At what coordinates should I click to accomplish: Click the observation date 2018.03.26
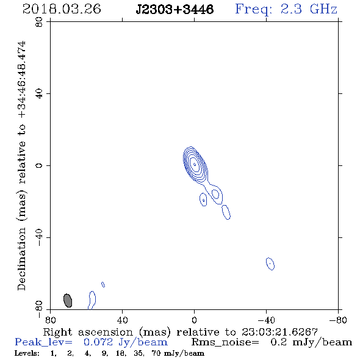(x=62, y=9)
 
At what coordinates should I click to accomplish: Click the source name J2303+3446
(x=175, y=9)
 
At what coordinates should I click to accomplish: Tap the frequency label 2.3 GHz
(x=309, y=9)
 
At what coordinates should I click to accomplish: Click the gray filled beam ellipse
(x=68, y=300)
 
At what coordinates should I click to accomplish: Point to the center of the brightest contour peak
(x=195, y=164)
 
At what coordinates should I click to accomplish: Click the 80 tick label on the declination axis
(x=40, y=23)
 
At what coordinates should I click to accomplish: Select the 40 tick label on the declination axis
(x=40, y=94)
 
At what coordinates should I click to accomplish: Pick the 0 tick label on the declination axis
(x=40, y=165)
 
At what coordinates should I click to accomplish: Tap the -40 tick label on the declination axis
(x=40, y=237)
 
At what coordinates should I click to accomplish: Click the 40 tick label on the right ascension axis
(x=122, y=320)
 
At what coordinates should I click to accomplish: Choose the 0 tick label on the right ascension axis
(x=194, y=320)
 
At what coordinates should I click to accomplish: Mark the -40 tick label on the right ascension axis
(x=266, y=320)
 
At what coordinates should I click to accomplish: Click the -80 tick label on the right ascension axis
(x=338, y=320)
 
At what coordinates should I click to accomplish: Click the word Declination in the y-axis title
(x=21, y=259)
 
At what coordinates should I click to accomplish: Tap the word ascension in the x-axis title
(x=106, y=332)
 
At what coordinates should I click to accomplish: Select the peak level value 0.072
(x=98, y=342)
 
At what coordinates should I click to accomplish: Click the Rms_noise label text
(x=225, y=342)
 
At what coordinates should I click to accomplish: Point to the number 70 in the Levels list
(x=156, y=353)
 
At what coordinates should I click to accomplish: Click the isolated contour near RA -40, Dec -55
(x=270, y=264)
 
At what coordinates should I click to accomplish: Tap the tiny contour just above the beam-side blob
(x=103, y=284)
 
